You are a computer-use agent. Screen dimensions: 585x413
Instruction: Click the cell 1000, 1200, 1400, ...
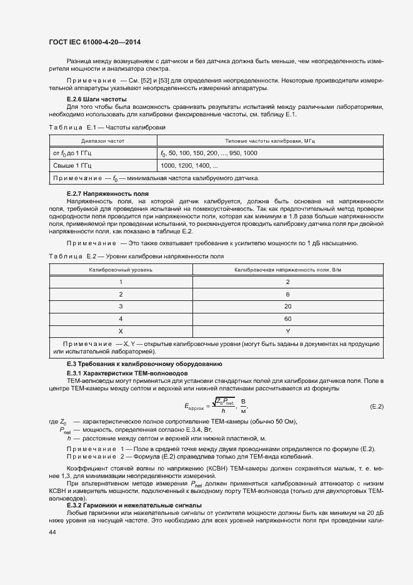189,165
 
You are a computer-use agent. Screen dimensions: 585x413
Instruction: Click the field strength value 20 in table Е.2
287,306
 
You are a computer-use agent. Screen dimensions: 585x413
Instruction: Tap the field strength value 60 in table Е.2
287,318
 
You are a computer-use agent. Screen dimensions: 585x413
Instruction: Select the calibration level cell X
121,331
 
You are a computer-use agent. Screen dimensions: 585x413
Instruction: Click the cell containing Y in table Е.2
287,331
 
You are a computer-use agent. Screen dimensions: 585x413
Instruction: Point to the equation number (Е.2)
377,407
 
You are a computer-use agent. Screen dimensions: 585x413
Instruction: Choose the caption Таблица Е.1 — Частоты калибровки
102,127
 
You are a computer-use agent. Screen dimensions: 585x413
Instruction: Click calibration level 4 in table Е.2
121,318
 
